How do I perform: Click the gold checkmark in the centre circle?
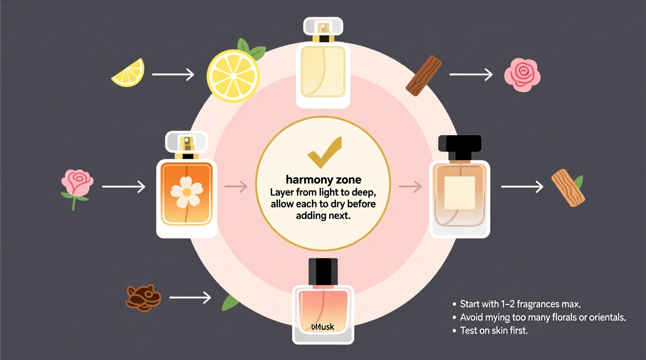point(324,153)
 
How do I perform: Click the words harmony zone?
point(323,180)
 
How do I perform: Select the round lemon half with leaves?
point(233,76)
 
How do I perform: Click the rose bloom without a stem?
point(522,75)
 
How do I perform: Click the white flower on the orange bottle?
point(187,192)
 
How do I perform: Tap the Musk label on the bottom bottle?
point(323,327)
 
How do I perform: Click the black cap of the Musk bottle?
point(323,272)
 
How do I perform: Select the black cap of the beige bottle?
point(460,144)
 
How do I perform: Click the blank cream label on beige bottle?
point(460,193)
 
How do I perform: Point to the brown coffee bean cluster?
point(143,298)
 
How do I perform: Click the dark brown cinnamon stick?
point(424,76)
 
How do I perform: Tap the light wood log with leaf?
point(568,188)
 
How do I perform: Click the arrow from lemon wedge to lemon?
point(173,74)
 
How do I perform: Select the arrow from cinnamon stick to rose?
point(471,74)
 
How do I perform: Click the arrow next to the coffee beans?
point(190,298)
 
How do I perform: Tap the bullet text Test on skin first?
point(493,331)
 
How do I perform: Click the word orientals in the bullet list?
point(607,317)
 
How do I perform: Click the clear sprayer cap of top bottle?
point(323,26)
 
